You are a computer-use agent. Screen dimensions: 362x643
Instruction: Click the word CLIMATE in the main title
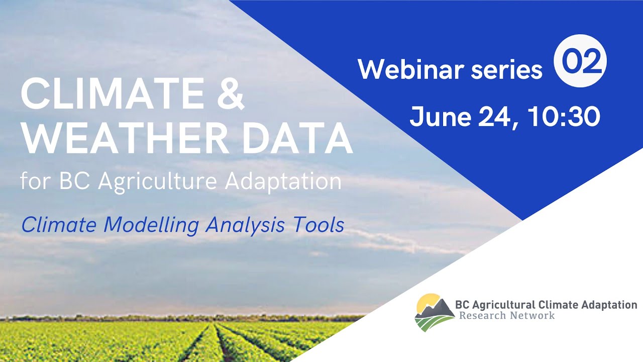(x=110, y=95)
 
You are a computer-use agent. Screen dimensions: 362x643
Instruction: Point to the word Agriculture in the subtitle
(x=160, y=182)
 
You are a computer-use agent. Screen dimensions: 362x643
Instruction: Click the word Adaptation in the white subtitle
(x=283, y=181)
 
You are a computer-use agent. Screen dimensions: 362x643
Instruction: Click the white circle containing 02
(x=580, y=61)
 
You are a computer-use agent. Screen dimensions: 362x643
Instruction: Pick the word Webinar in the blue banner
(x=410, y=69)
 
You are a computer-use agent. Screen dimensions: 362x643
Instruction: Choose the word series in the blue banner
(x=506, y=69)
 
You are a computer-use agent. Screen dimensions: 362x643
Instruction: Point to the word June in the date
(x=438, y=116)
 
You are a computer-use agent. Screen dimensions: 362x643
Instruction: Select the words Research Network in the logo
(x=507, y=316)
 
